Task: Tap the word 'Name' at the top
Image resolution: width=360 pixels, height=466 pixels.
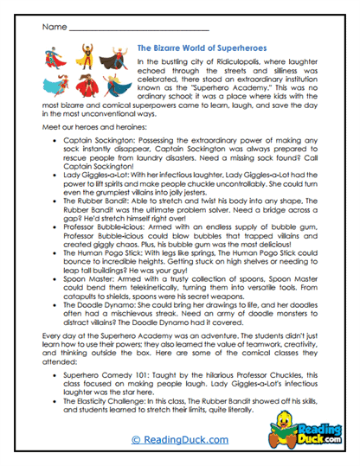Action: (53, 27)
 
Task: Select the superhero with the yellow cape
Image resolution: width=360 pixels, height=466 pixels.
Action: (87, 60)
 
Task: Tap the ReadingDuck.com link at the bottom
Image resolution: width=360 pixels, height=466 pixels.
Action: (180, 440)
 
